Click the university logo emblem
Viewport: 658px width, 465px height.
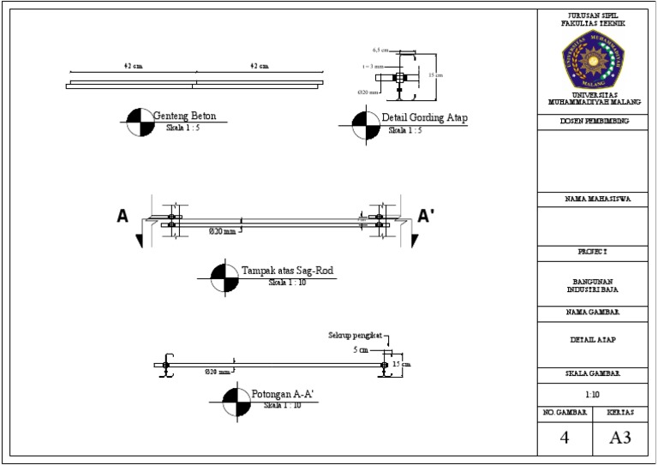click(593, 59)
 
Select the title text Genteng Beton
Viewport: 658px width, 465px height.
click(184, 116)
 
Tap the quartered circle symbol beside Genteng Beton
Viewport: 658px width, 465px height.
click(136, 122)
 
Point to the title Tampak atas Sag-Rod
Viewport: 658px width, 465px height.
click(287, 271)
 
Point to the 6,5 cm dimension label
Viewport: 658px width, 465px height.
click(380, 50)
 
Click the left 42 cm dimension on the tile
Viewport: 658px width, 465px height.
click(133, 66)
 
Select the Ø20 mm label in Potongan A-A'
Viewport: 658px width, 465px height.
click(218, 373)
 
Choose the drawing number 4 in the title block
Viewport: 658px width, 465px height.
click(564, 438)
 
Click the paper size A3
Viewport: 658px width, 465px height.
click(619, 438)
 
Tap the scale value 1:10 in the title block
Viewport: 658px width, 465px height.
click(592, 396)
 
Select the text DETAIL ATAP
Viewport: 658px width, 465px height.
click(592, 340)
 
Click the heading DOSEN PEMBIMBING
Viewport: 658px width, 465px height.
click(592, 122)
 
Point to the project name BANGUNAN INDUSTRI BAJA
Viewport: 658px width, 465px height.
click(592, 286)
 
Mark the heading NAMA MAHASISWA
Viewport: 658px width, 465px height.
click(592, 200)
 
